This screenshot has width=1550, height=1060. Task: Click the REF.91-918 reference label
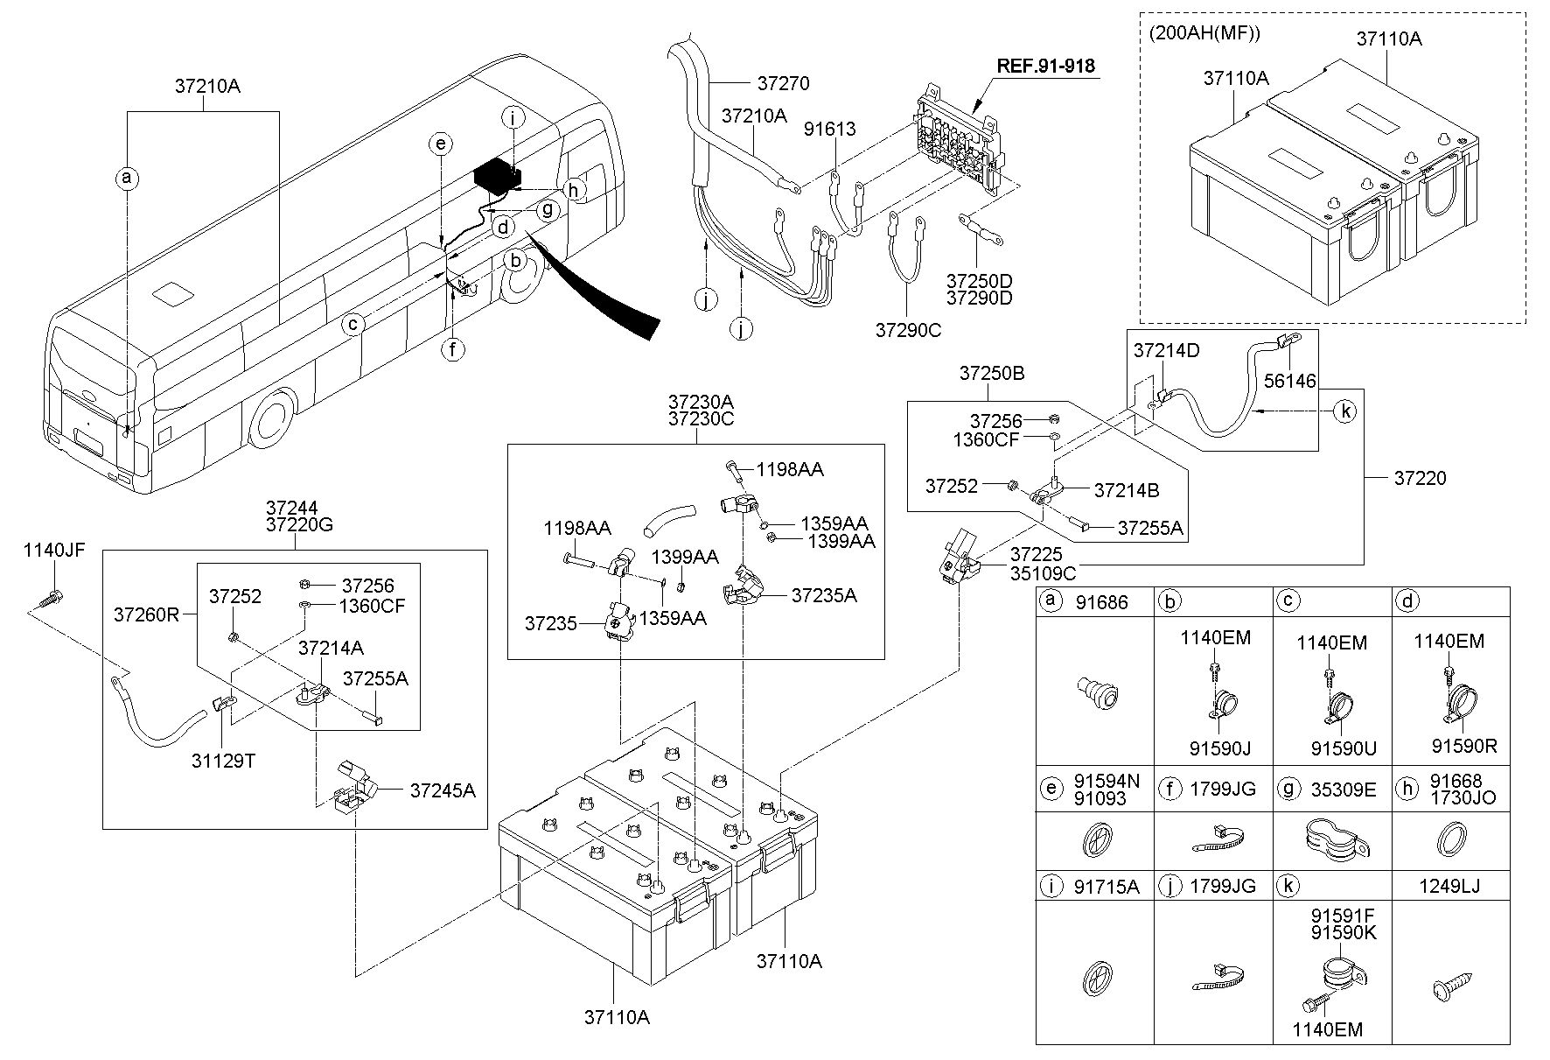click(x=1045, y=65)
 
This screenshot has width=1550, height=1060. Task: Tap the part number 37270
click(x=783, y=83)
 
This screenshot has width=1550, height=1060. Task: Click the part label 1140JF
click(x=54, y=550)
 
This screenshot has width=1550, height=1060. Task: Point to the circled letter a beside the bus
click(x=128, y=179)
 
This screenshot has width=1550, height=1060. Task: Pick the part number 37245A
click(x=443, y=790)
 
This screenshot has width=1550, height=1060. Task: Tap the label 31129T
click(x=224, y=761)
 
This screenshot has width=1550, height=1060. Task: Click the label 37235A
click(x=824, y=595)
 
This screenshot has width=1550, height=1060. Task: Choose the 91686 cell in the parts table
click(x=1102, y=602)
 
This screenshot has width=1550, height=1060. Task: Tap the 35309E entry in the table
click(x=1344, y=790)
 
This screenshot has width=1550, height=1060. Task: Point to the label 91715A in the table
click(x=1107, y=886)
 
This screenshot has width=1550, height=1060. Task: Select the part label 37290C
click(x=907, y=330)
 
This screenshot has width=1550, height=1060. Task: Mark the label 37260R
click(x=146, y=614)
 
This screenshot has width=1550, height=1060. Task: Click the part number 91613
click(x=830, y=130)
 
